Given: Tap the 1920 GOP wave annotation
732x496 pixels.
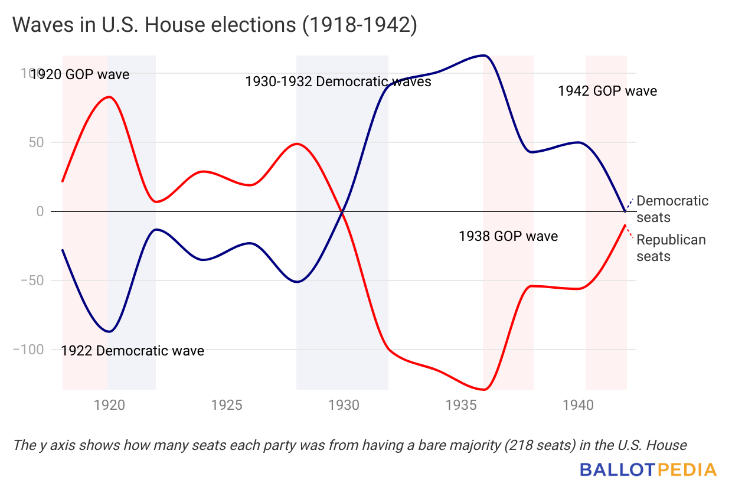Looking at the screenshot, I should tap(80, 74).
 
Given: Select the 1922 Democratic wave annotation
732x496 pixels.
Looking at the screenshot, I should tap(133, 351).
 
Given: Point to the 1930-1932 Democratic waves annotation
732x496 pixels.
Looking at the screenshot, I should tap(338, 81).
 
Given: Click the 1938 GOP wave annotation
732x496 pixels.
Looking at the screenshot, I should tap(508, 237).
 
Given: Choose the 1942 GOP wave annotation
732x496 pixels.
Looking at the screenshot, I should tap(607, 91).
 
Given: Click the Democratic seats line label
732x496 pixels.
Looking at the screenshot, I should tap(672, 209).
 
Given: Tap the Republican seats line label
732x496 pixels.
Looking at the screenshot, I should tap(671, 248).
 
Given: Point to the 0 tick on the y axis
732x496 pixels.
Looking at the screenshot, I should tap(40, 211).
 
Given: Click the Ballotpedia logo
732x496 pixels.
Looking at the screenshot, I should tap(648, 470).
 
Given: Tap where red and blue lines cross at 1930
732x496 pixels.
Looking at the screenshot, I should tap(342, 211).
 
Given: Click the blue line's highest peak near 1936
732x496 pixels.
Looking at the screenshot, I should tap(484, 56).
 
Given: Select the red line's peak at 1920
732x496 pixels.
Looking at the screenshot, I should tap(109, 97).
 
